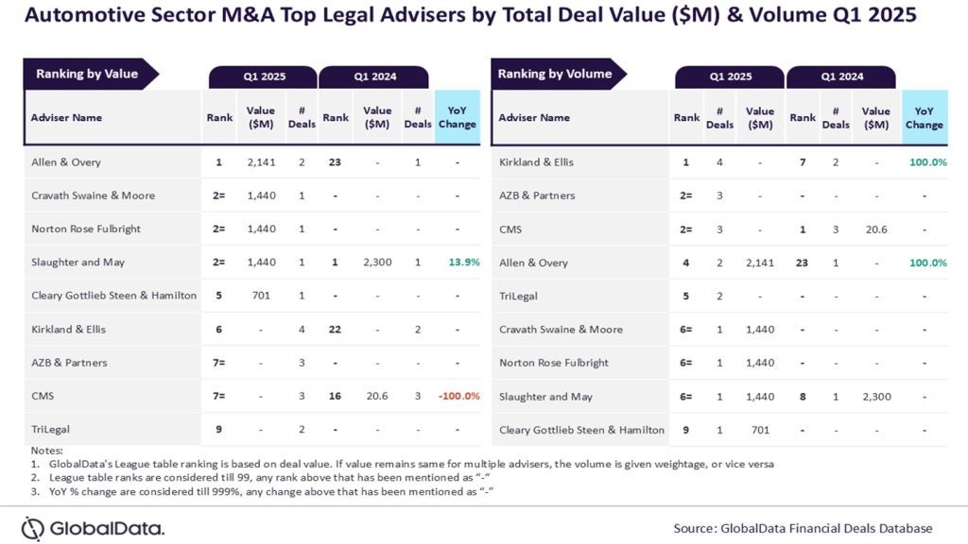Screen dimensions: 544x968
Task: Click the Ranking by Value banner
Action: (87, 74)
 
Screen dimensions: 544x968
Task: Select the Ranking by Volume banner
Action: (555, 74)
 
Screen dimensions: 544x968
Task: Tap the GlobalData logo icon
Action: (33, 528)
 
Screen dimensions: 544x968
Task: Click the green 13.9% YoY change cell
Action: (458, 262)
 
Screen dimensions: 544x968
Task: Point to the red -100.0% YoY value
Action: (458, 396)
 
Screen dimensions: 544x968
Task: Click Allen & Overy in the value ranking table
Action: (66, 162)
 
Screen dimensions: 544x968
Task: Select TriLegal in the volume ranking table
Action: (518, 296)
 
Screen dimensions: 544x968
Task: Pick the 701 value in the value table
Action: (261, 296)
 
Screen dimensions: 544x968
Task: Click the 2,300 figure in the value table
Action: (377, 262)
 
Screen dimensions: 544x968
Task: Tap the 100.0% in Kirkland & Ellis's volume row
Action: (927, 162)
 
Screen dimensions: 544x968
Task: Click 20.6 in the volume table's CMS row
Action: (876, 229)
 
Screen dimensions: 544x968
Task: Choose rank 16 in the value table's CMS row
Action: (336, 396)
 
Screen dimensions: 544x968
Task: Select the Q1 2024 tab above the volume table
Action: (841, 76)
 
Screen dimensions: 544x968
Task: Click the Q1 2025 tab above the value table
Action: (263, 76)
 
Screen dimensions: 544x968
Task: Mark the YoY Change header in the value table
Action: (458, 117)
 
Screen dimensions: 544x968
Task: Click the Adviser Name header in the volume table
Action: (534, 117)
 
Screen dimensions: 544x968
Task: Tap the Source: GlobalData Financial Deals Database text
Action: (803, 528)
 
